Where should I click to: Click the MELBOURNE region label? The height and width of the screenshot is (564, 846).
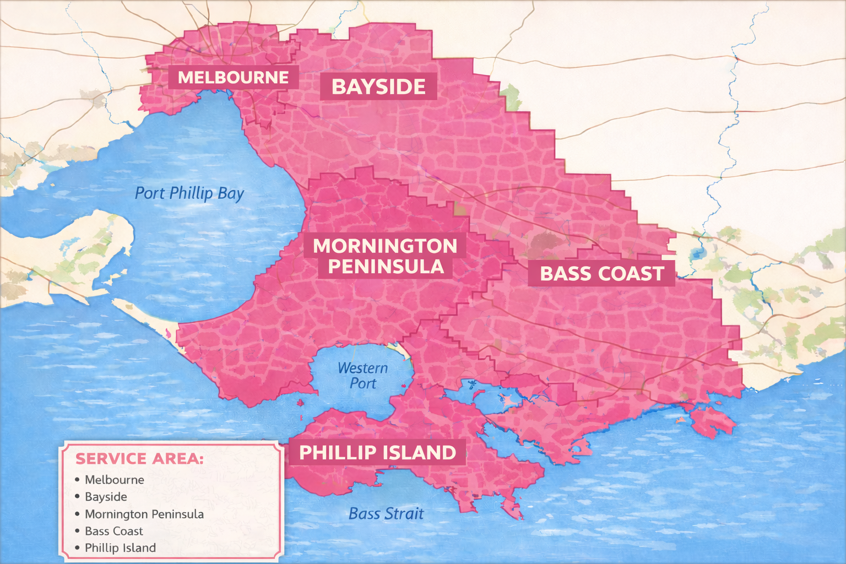click(233, 78)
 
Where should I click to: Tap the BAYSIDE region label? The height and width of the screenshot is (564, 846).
click(378, 87)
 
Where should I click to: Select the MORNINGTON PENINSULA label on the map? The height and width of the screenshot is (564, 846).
click(385, 256)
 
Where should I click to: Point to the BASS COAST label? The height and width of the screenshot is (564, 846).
click(601, 274)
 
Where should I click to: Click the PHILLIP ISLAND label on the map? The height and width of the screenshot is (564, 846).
click(377, 453)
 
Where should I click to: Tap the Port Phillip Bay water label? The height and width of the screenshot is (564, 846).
click(189, 193)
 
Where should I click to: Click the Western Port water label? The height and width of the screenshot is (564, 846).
click(362, 376)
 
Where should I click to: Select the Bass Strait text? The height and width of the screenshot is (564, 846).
click(386, 514)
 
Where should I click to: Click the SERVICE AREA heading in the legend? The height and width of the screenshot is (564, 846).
click(139, 459)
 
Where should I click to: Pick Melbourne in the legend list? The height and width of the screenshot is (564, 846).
click(114, 480)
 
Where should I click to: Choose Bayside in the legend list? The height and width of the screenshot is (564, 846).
click(106, 497)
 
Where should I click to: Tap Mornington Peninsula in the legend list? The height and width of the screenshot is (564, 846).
click(144, 514)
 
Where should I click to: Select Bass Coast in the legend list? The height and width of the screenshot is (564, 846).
click(113, 532)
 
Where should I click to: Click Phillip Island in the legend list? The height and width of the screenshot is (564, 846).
click(120, 548)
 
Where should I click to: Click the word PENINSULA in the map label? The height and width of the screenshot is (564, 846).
click(386, 267)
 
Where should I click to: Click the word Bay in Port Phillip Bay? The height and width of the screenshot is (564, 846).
click(231, 194)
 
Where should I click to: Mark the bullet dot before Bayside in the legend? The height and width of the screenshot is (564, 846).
click(77, 497)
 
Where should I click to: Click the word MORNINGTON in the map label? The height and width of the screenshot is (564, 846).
click(385, 246)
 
